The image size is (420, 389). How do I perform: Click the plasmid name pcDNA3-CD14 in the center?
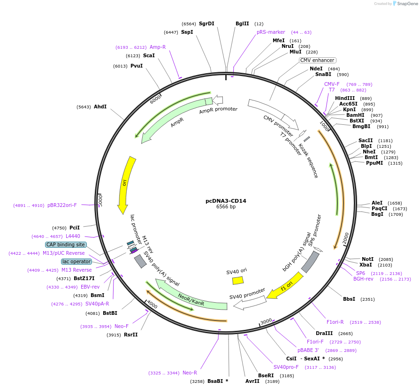[x=226, y=201]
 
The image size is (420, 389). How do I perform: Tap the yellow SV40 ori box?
[x=238, y=280]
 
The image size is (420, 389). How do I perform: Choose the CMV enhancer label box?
[x=318, y=61]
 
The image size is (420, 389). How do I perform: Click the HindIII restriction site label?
[x=345, y=98]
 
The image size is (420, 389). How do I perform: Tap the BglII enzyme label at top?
[x=242, y=23]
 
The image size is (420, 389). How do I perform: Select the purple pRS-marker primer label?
[x=271, y=32]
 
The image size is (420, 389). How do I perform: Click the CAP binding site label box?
[x=65, y=244]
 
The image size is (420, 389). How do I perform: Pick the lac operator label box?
[x=76, y=261]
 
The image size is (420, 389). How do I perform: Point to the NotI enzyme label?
[x=367, y=259]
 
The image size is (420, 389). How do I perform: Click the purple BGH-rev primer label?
[x=363, y=279]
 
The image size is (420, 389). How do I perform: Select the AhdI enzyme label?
[x=100, y=107]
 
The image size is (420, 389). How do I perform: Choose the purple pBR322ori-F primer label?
[x=62, y=205]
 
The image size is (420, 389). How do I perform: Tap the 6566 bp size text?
[x=226, y=207]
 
